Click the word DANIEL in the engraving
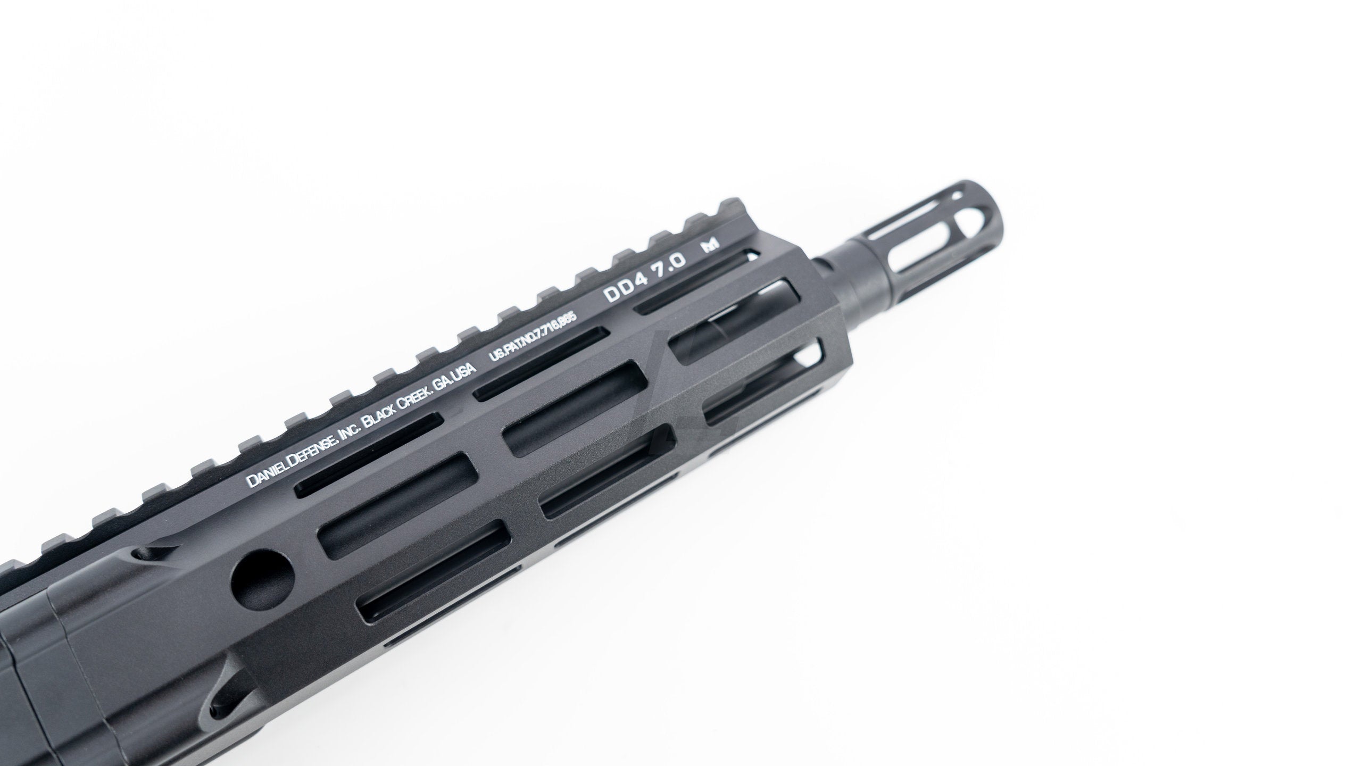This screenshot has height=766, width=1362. click(265, 474)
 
